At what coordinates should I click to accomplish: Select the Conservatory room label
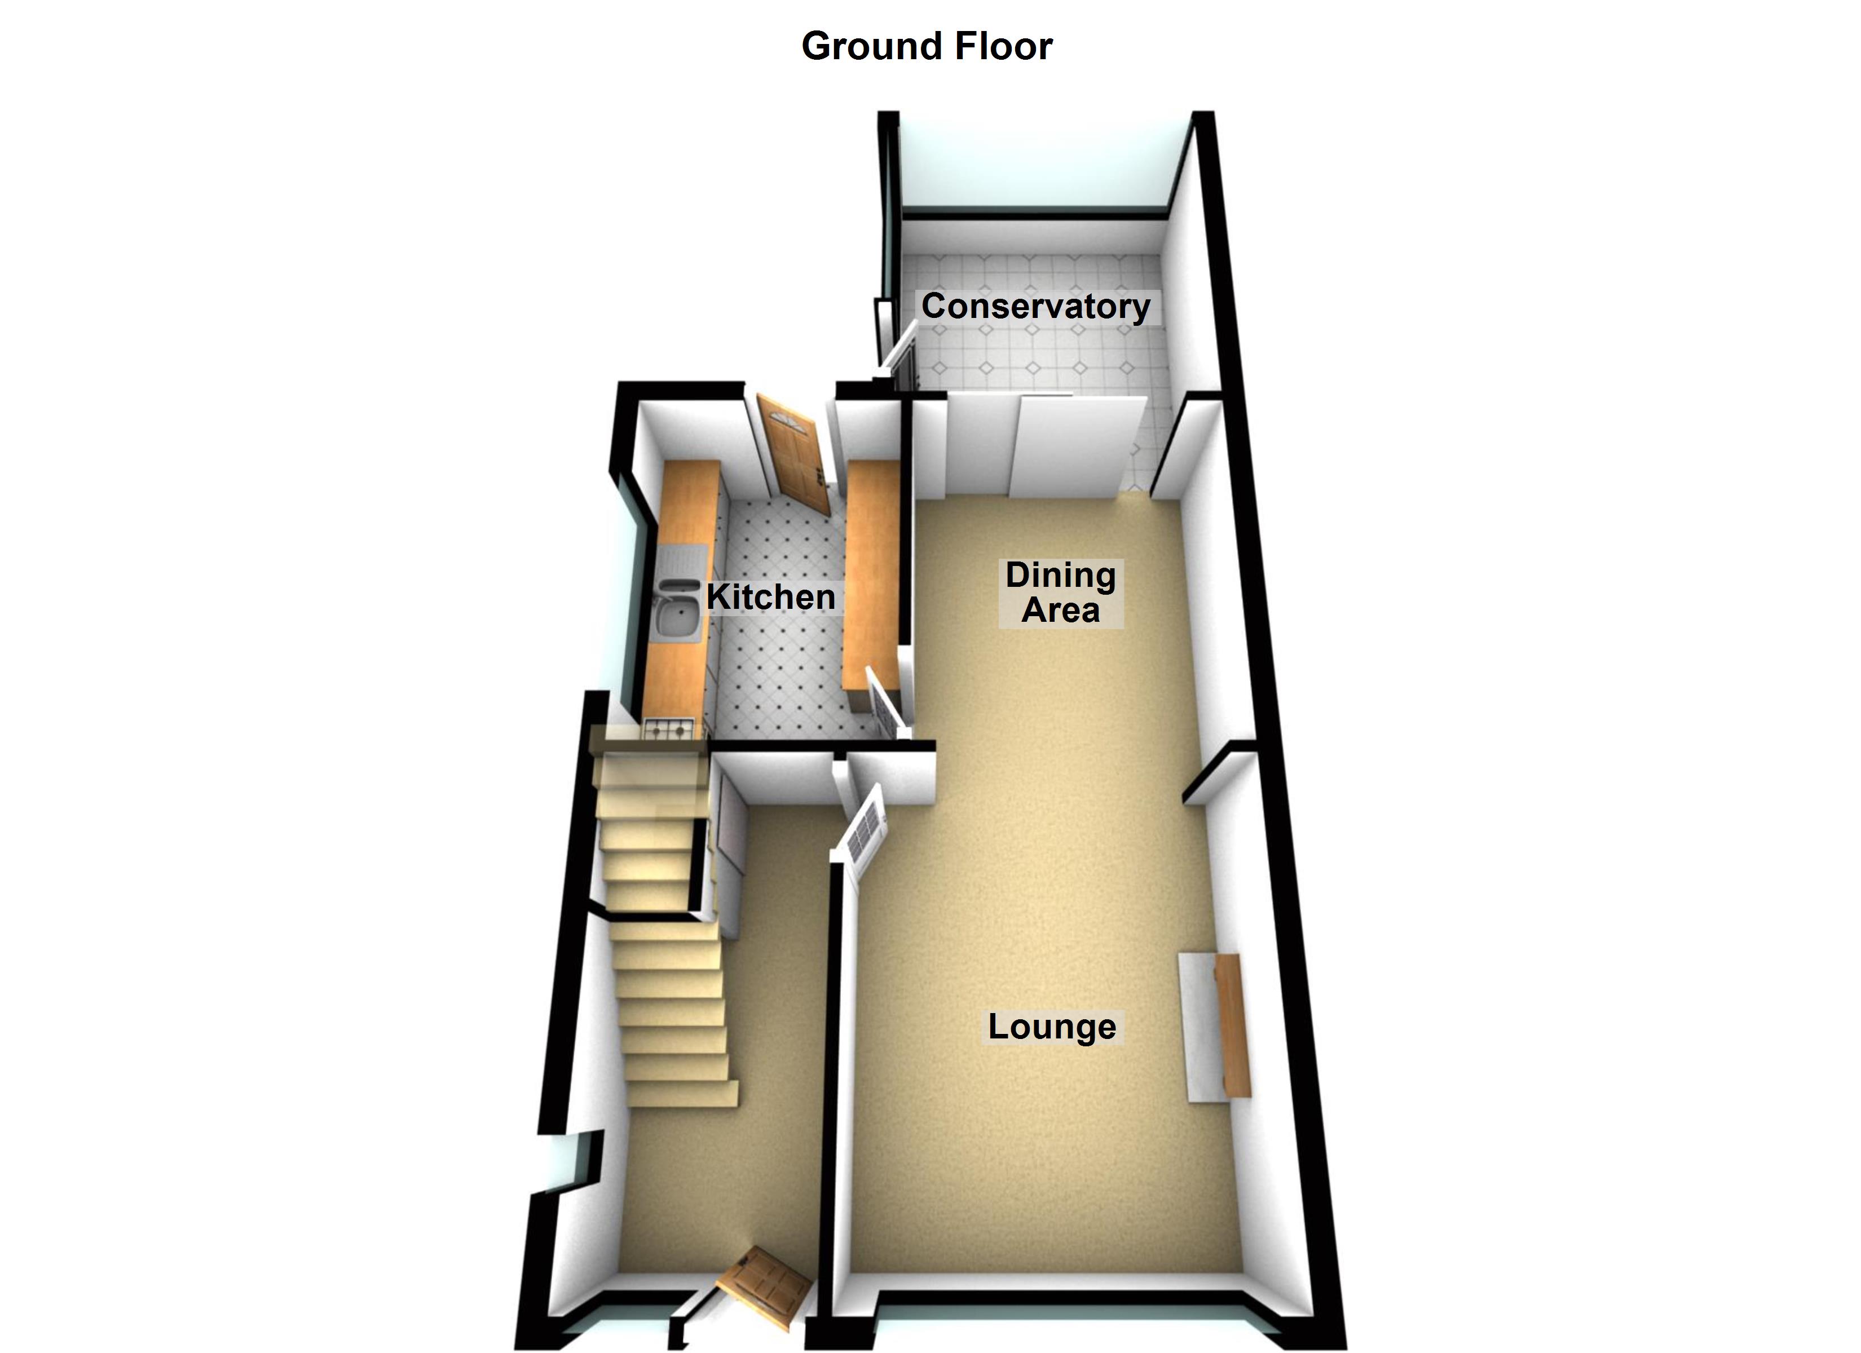point(1035,306)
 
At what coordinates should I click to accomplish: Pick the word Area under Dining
point(1060,611)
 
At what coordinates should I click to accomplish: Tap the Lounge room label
point(1051,1027)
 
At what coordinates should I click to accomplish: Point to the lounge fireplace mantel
point(1231,1025)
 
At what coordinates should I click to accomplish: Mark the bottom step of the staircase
point(685,1094)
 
